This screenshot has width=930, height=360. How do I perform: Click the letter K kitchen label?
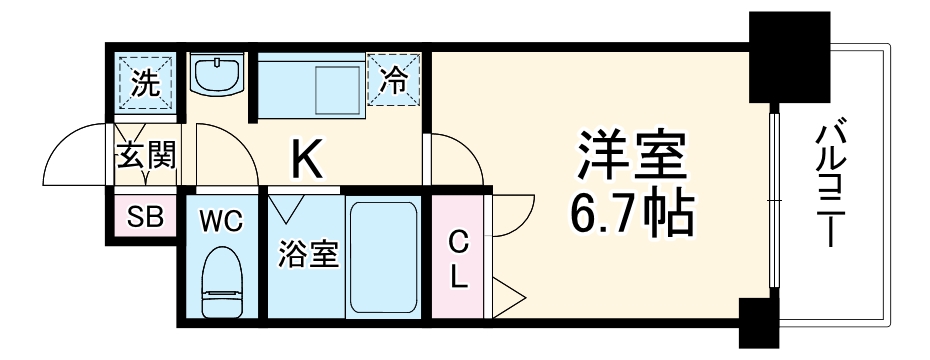[306, 155]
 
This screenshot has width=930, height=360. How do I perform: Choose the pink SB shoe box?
[144, 216]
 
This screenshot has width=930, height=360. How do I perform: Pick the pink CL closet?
[458, 258]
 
